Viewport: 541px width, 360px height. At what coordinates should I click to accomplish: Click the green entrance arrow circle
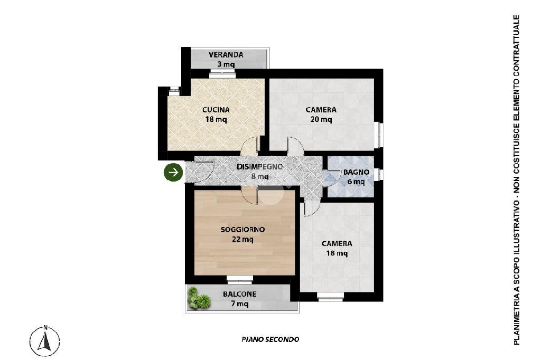coord(173,172)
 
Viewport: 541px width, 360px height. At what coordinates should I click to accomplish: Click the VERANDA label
coord(226,55)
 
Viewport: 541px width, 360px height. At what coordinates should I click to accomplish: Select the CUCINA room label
coord(216,110)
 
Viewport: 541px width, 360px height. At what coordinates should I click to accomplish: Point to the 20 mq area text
coord(321,120)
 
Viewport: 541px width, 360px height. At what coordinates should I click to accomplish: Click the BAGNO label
coord(356,172)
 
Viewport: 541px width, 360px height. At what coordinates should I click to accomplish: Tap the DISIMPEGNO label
coord(259,167)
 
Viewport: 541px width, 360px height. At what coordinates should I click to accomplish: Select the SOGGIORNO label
coord(242,230)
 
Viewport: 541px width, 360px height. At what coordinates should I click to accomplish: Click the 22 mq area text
coord(242,239)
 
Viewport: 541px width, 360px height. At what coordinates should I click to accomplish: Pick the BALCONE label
coord(239,294)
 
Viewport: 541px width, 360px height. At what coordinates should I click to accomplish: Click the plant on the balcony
coord(199,298)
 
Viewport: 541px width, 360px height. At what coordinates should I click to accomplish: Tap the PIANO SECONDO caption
coord(270,339)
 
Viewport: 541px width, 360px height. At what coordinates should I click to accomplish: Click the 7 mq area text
coord(240,304)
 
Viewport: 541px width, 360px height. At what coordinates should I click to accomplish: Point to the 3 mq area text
coord(226,64)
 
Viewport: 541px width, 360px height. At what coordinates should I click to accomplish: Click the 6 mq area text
coord(356,182)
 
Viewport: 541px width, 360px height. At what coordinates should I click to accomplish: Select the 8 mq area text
coord(260,176)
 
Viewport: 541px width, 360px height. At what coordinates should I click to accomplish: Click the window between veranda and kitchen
coord(222,72)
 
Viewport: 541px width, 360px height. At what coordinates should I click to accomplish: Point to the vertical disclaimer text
coord(517,179)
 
